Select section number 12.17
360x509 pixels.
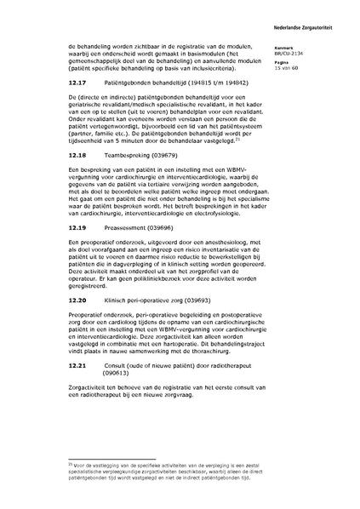coord(53,83)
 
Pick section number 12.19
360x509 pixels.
coord(53,228)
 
